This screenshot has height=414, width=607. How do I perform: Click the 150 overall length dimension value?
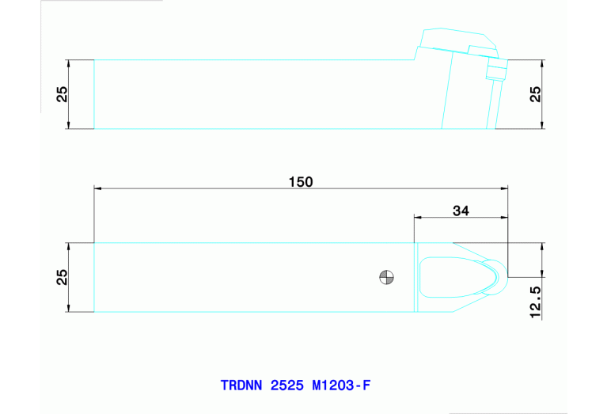pos(301,181)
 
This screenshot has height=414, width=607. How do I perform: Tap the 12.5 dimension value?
pos(535,302)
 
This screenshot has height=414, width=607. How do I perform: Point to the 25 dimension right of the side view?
pos(535,94)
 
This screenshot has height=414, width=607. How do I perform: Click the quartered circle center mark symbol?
pos(386,276)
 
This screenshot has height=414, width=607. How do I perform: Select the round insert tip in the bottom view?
pos(497,278)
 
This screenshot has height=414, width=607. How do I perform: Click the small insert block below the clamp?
pos(495,73)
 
